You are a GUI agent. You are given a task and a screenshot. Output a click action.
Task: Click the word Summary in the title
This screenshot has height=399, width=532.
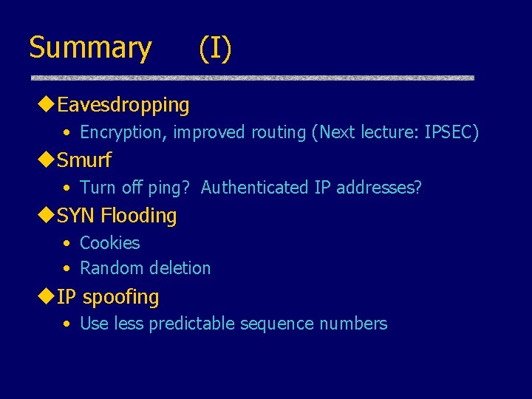90,49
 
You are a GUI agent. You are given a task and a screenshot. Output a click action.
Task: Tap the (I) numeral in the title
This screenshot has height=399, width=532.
215,49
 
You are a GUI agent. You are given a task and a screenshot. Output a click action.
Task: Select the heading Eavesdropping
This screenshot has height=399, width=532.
123,105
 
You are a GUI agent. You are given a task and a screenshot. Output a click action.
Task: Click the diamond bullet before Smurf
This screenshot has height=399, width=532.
47,160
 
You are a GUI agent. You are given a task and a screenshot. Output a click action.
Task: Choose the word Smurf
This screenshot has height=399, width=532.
84,160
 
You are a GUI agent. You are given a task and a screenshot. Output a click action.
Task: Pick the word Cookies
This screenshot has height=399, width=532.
109,243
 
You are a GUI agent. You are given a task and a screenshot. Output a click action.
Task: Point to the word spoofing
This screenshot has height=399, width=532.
120,297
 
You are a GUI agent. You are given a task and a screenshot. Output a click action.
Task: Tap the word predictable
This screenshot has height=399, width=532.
193,324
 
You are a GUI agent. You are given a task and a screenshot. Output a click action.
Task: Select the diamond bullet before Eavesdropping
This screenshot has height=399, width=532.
47,105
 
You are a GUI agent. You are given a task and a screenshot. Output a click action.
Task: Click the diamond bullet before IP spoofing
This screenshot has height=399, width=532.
47,296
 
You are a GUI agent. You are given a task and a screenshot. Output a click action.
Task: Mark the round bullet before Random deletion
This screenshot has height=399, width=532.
66,269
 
